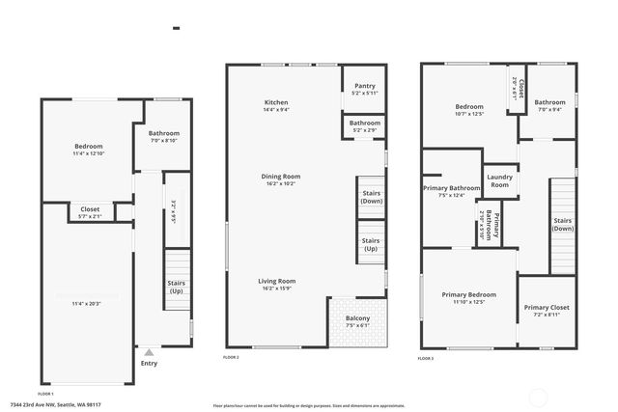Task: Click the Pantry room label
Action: (364, 85)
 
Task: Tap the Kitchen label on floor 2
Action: (276, 102)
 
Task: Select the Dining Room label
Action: (281, 176)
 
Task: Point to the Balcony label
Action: (357, 317)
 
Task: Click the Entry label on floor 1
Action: (149, 363)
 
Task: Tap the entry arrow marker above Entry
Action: (149, 352)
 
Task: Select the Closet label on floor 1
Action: (90, 208)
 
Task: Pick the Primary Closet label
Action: (548, 308)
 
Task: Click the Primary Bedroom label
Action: (468, 294)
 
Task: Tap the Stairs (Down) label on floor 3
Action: (563, 224)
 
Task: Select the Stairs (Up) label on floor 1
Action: (177, 287)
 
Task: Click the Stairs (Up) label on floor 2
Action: (370, 244)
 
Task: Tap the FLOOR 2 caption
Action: (231, 357)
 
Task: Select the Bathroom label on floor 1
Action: (164, 133)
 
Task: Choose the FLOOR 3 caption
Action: (426, 357)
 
